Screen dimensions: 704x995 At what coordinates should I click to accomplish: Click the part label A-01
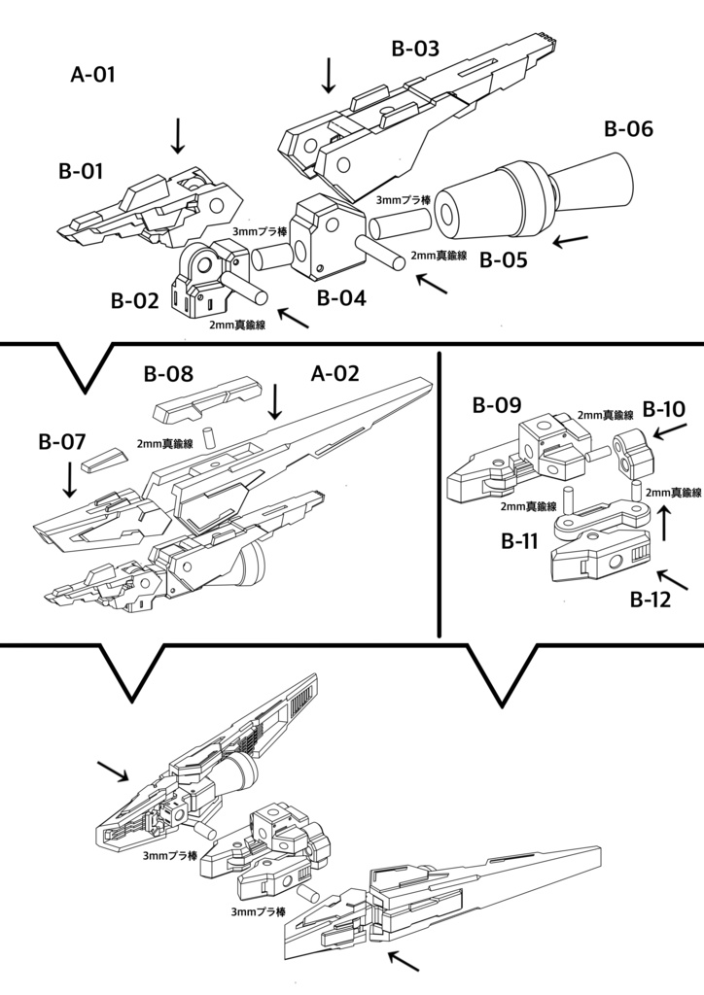(x=93, y=74)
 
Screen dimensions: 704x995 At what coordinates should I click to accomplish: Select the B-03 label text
(x=416, y=49)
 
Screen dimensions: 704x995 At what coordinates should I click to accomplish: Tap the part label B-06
(x=628, y=129)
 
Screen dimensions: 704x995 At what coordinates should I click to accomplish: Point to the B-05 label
(x=504, y=259)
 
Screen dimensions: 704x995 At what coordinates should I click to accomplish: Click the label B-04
(x=342, y=298)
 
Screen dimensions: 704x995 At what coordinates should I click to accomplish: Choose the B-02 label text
(x=134, y=301)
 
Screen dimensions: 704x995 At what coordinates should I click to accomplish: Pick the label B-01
(x=81, y=171)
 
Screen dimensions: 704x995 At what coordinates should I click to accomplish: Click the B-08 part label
(x=168, y=374)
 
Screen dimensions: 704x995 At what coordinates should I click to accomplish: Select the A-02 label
(x=335, y=373)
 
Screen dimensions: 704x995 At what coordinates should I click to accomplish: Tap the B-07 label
(x=61, y=442)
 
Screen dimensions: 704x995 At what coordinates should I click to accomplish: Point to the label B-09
(x=497, y=405)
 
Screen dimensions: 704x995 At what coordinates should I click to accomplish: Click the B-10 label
(x=664, y=409)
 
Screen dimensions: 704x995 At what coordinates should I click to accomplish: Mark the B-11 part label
(x=519, y=541)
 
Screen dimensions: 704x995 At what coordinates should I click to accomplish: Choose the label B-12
(x=651, y=600)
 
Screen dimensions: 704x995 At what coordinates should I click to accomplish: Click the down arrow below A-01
(x=178, y=134)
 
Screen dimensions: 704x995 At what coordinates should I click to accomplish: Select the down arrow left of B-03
(x=329, y=75)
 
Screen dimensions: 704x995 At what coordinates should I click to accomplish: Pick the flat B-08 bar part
(x=208, y=397)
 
